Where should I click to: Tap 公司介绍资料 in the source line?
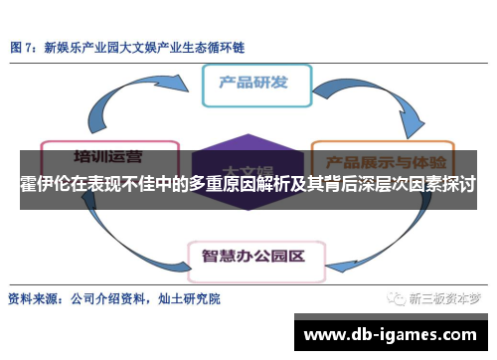click(103, 297)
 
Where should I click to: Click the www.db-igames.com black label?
click(393, 333)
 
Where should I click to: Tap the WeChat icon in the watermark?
click(397, 297)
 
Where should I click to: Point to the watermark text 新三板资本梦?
click(446, 297)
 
